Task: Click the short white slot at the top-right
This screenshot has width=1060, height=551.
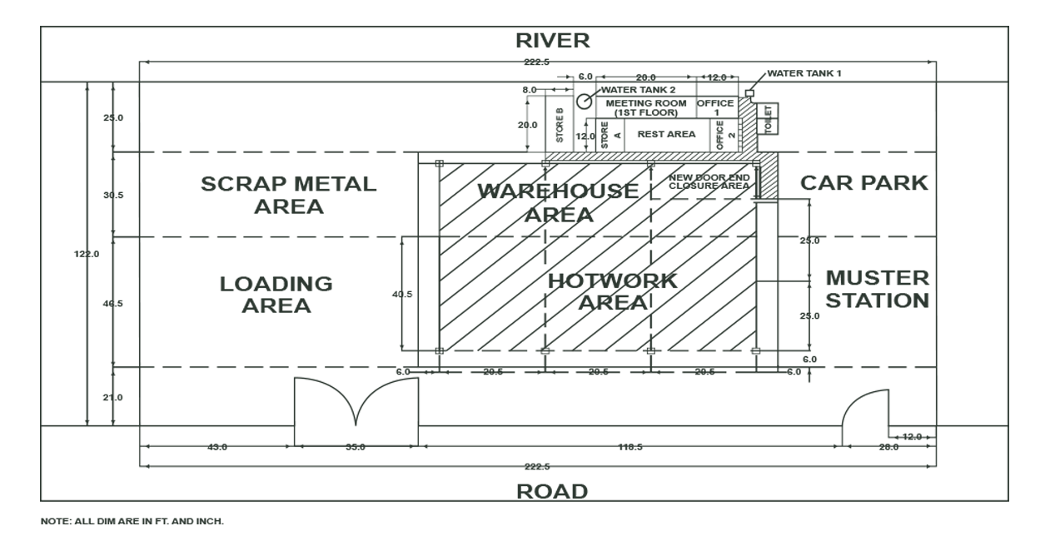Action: click(x=1002, y=53)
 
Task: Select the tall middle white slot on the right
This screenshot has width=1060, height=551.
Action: click(x=1002, y=254)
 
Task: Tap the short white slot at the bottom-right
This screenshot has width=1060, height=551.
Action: click(x=1002, y=463)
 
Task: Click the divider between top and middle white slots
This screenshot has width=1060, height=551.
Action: click(x=1003, y=81)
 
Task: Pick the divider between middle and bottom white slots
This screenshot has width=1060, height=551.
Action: click(x=1003, y=426)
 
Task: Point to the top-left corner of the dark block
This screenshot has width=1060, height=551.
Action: click(x=41, y=27)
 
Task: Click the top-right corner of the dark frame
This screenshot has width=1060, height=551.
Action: click(x=1008, y=27)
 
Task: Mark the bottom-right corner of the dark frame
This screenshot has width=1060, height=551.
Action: click(x=1008, y=502)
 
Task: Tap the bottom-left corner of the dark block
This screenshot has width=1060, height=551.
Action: click(x=41, y=523)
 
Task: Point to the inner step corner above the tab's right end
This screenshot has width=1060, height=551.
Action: click(x=306, y=503)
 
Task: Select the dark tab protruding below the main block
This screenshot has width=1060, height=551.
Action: click(x=173, y=514)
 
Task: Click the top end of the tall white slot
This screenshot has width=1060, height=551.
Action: click(x=1002, y=84)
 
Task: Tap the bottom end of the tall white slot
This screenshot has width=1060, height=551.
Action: click(x=1002, y=424)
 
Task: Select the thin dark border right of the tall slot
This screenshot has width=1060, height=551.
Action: click(x=1008, y=254)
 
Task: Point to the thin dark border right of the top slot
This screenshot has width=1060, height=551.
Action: click(x=1008, y=53)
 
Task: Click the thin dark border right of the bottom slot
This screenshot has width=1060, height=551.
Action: click(x=1008, y=463)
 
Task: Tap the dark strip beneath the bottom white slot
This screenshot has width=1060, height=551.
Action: click(x=1002, y=500)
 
